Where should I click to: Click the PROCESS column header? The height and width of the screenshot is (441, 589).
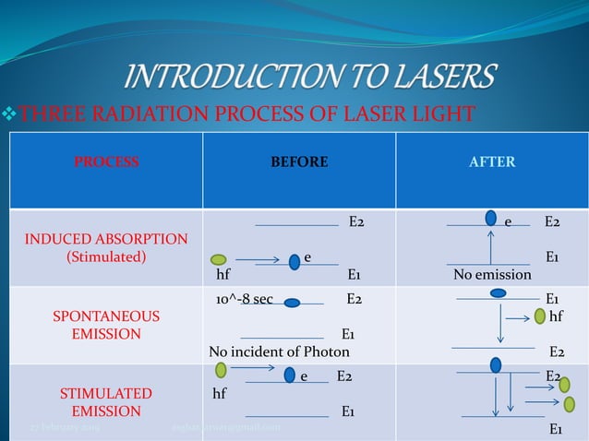coord(106,162)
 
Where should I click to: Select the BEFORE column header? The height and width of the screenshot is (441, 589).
coord(298,162)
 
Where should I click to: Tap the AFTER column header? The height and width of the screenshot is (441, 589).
coord(492,162)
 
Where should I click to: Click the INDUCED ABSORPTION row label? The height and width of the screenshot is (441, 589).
coord(106,240)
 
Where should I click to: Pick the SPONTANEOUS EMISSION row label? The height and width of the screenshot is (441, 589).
coord(106,325)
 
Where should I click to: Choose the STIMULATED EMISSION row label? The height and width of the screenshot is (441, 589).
coord(106,402)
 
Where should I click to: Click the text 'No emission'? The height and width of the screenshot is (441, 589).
coord(492,275)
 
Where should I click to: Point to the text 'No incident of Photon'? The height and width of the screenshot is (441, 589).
coord(280,352)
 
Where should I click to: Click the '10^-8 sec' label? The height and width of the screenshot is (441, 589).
coord(244,300)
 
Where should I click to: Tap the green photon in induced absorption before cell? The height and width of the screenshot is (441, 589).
coord(219,260)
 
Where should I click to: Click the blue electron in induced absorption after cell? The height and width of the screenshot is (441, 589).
coord(490,218)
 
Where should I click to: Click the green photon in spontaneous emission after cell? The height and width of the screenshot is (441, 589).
coord(540,316)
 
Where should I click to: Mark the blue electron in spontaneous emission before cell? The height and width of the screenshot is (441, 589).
coord(292,302)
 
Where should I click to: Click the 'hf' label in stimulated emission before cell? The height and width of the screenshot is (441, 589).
coord(220,394)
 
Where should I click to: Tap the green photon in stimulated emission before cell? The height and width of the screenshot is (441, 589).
coord(221,371)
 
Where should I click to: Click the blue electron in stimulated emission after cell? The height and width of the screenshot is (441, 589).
coord(496,364)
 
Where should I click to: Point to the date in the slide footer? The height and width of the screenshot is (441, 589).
coord(65,429)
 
